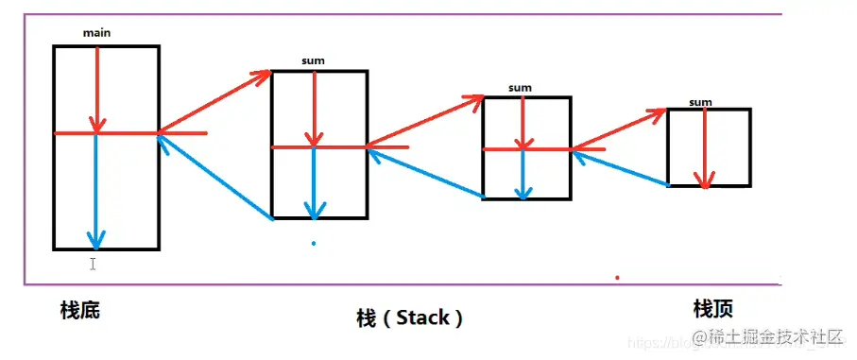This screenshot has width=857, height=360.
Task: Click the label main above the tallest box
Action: point(96,33)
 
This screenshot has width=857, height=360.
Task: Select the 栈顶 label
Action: point(713,308)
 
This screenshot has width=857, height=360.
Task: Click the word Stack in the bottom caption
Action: point(422,317)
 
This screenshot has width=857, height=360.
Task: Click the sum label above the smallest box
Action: point(700,102)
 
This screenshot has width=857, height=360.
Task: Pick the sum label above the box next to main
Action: point(313,61)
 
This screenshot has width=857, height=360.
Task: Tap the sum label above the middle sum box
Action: point(520,88)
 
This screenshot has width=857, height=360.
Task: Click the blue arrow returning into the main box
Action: point(215,178)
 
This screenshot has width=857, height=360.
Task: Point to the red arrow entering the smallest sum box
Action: point(620,129)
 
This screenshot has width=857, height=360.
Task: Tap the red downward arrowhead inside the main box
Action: point(95,123)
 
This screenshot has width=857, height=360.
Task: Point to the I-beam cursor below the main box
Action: point(93,264)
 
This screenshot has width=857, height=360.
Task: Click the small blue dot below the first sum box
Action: point(314,244)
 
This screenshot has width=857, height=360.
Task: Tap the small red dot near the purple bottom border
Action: point(617,278)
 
